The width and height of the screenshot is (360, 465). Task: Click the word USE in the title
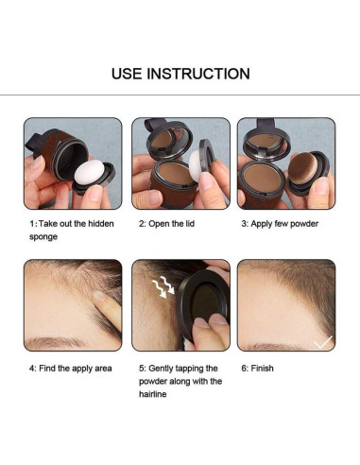[129, 74]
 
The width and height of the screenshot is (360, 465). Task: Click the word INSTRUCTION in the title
[199, 74]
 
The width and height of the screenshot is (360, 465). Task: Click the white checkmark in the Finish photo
[322, 341]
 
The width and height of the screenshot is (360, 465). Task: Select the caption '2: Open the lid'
[169, 224]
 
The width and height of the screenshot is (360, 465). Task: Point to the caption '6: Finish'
[256, 369]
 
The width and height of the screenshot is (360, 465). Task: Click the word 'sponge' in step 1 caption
[43, 236]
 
